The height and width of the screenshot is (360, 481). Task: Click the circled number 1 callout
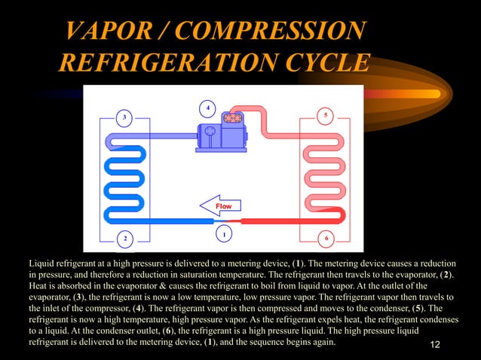(223, 233)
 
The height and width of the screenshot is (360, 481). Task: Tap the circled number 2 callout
(125, 239)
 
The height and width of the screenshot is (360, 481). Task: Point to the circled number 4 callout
(208, 105)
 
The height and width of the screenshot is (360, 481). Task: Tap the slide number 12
(434, 344)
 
